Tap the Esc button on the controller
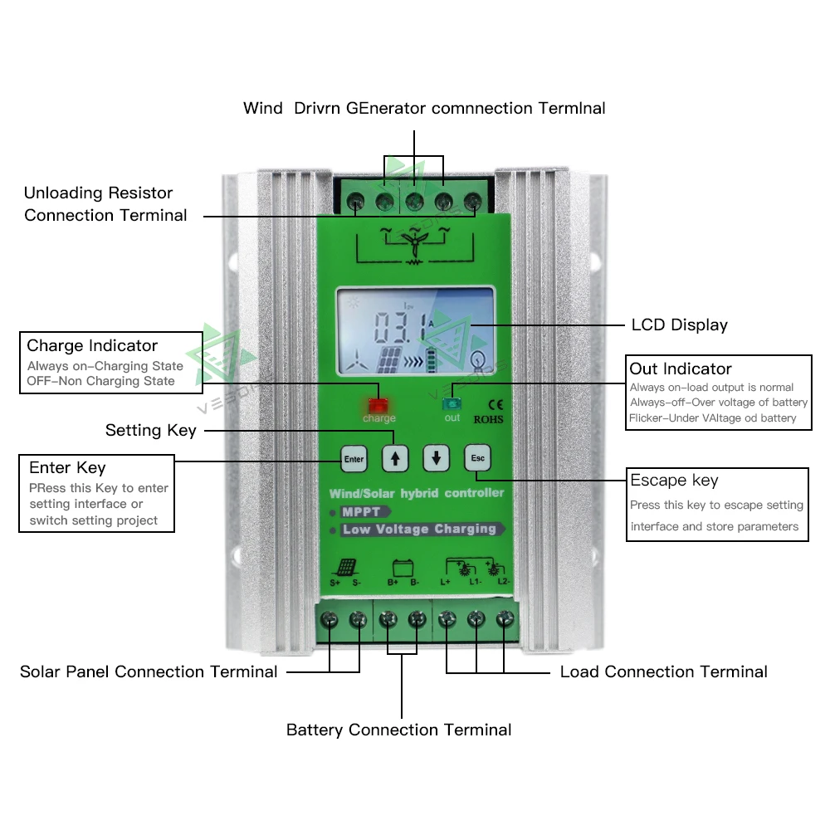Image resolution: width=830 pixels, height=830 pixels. coord(477,457)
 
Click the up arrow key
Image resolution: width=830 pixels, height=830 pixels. coord(395,457)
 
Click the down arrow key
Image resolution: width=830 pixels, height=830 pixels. coord(436,457)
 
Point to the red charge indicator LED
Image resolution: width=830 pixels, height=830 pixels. coord(378,405)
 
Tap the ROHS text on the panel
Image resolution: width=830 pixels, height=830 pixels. coord(488,420)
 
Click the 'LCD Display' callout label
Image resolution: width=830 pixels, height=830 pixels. coord(679,325)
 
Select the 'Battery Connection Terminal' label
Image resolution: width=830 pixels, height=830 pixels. coord(398,730)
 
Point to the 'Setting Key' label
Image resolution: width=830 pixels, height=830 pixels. coord(150,430)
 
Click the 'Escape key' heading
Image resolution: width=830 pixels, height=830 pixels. coord(674,481)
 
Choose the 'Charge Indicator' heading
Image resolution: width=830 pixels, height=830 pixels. coord(92,345)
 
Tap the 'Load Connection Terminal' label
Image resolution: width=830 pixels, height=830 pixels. coord(663,671)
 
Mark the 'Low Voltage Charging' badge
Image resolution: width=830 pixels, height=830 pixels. coord(419,529)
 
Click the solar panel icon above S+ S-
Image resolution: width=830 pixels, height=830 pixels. coord(346,569)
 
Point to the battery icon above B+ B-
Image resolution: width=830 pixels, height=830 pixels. coord(403,569)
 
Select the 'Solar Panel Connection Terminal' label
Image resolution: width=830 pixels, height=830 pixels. coord(149,671)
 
